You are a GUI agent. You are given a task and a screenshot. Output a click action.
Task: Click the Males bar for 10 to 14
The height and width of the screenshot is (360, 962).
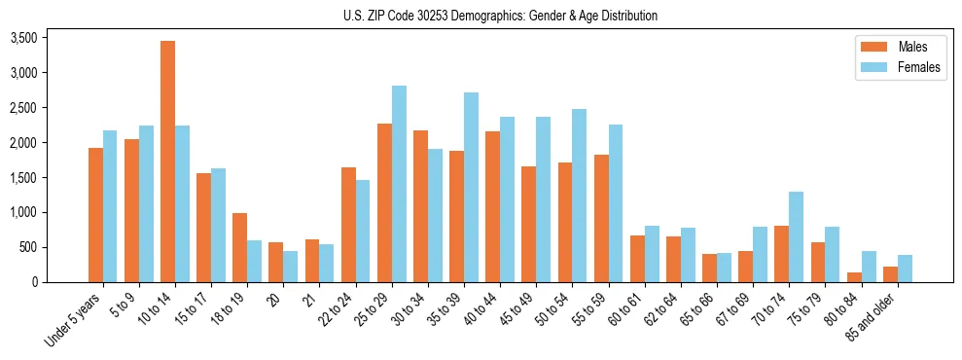(167, 162)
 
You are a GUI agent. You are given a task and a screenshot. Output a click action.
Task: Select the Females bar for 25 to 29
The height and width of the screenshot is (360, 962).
(399, 184)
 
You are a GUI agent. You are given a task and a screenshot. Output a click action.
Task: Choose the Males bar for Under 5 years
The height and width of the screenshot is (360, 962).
(95, 215)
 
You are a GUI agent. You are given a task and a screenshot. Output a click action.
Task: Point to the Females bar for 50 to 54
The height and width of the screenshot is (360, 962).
(579, 196)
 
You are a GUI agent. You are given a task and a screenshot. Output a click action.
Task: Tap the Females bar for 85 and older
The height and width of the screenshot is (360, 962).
(905, 269)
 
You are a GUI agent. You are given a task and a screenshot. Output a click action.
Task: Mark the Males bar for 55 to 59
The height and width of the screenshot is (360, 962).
(600, 219)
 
